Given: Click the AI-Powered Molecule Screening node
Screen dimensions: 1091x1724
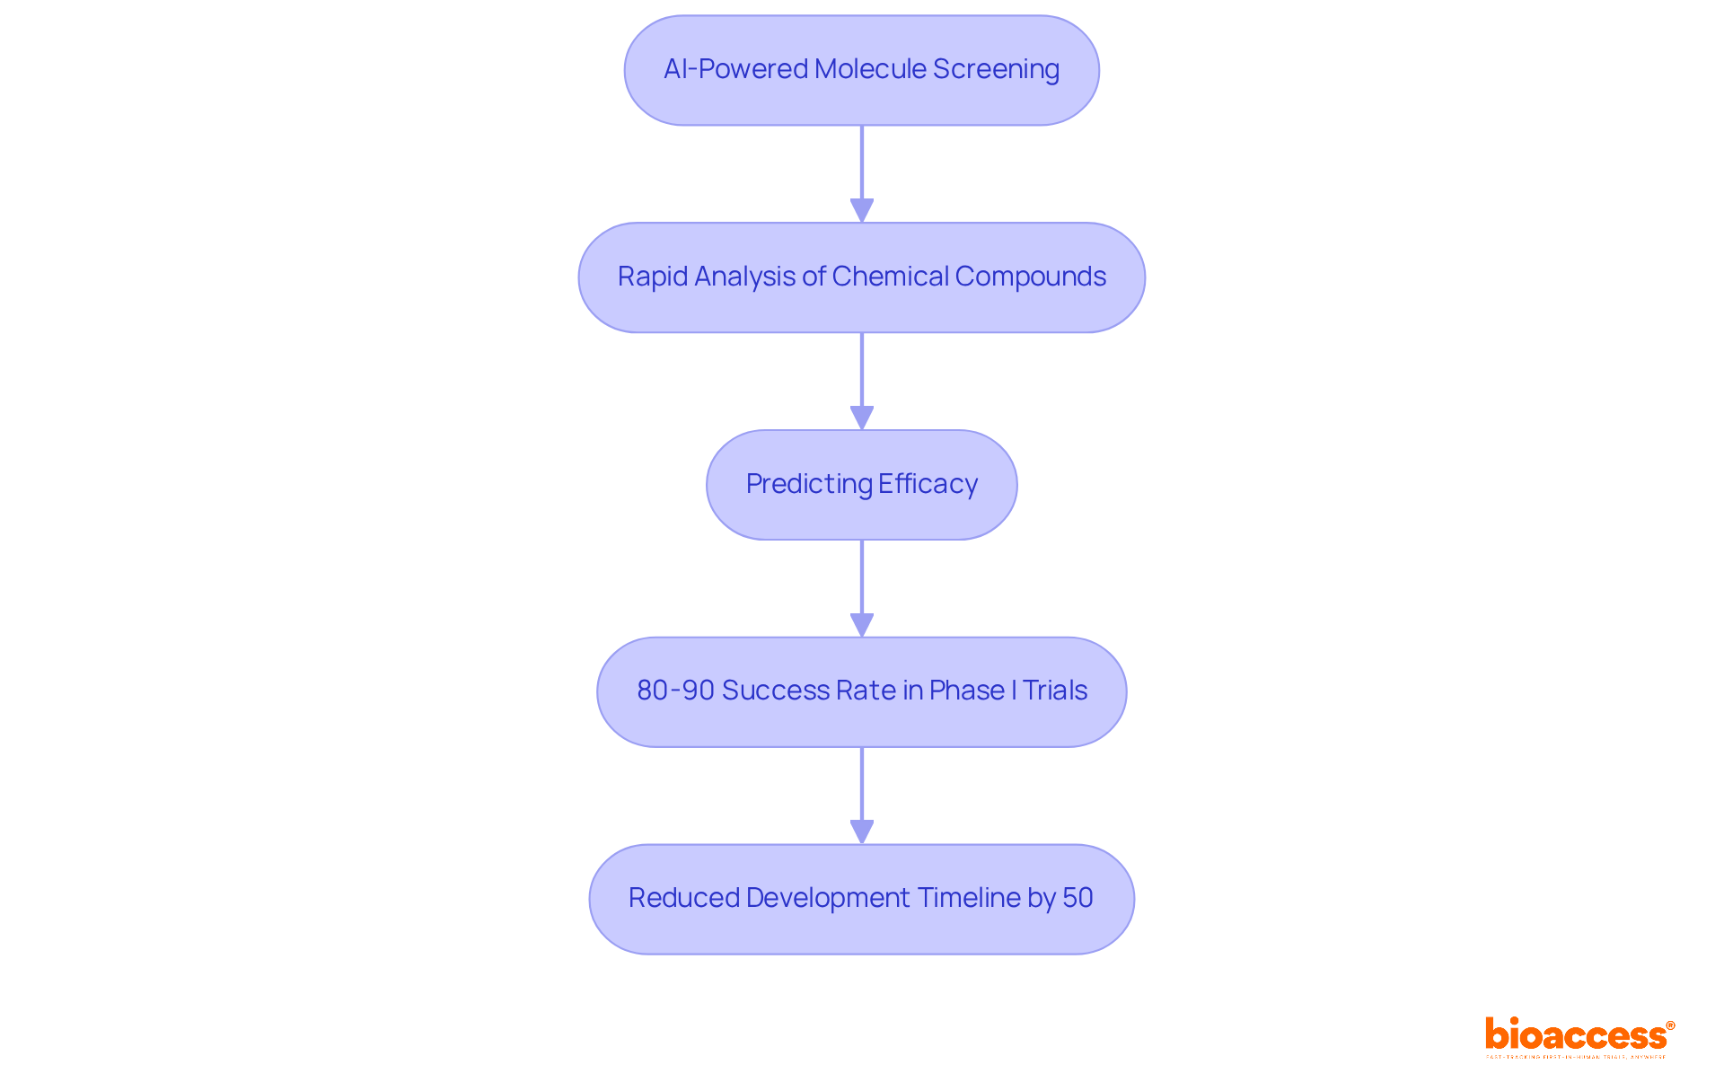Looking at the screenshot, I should tap(861, 70).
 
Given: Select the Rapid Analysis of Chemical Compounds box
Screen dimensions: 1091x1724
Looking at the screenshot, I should tap(861, 277).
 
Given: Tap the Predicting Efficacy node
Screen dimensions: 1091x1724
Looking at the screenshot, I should tap(861, 485).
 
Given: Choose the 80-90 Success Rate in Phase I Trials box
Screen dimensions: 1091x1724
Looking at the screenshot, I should tap(861, 691).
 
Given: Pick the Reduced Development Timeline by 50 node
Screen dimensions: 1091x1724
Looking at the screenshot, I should tap(861, 899).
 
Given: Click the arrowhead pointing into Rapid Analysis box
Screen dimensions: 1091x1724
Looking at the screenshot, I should tap(862, 211).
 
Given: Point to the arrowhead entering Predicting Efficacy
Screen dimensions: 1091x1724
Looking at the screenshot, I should tap(862, 418).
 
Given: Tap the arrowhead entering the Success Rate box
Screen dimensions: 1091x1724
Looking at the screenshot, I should tap(862, 626).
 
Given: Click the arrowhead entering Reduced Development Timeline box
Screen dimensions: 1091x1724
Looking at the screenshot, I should tap(862, 832).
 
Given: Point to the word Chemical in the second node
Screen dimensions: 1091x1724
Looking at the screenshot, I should tap(890, 277).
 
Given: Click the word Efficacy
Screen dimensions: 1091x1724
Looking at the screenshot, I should tap(928, 484).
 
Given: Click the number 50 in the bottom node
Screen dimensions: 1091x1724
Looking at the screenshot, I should tap(1077, 898).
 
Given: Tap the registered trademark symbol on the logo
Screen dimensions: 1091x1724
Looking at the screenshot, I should tap(1670, 1025).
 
